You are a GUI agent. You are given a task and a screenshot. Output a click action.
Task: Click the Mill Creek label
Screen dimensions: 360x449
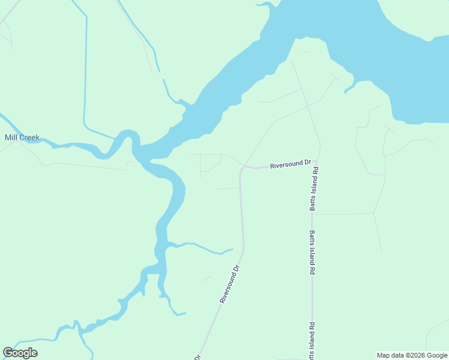point(22,137)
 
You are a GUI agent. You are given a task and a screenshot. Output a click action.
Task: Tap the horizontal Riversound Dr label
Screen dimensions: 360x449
point(291,163)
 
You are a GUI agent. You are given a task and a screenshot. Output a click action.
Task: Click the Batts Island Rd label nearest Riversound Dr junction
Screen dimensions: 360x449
point(313,190)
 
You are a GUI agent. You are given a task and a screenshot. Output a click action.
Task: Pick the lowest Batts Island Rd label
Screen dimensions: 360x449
point(312,342)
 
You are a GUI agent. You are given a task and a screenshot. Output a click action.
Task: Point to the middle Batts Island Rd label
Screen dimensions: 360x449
point(312,253)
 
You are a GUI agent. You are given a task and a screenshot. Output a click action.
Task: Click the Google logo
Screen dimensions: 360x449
point(20,353)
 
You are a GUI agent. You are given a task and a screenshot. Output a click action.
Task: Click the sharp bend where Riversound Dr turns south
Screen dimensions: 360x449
point(242,169)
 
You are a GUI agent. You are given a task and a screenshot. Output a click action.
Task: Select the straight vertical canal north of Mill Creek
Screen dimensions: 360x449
point(86,66)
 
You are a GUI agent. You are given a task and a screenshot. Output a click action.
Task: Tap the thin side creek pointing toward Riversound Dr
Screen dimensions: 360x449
point(207,248)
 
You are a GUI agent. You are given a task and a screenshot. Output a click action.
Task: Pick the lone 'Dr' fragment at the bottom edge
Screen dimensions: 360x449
point(197,357)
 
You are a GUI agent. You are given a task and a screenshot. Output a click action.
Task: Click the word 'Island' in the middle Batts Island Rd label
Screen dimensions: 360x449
point(312,253)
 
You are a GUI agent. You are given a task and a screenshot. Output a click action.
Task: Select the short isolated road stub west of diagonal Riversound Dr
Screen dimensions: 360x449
point(206,278)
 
